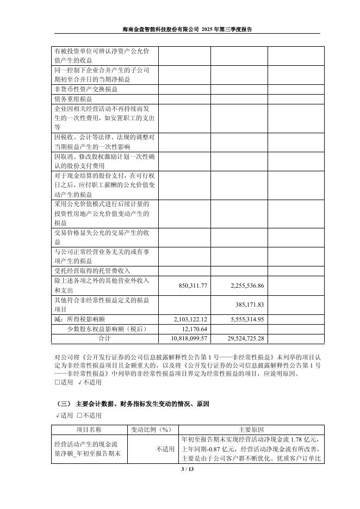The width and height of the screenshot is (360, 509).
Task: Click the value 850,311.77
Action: click(190, 285)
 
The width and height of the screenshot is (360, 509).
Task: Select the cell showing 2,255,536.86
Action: click(243, 285)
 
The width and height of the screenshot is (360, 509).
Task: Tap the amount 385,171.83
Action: click(250, 305)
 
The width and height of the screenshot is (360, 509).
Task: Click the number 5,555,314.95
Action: click(243, 319)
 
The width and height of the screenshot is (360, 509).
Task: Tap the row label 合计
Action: click(104, 338)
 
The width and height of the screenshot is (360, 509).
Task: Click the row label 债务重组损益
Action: click(73, 100)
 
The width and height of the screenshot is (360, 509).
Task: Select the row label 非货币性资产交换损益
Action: click(85, 89)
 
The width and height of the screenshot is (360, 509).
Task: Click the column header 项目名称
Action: click(90, 430)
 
